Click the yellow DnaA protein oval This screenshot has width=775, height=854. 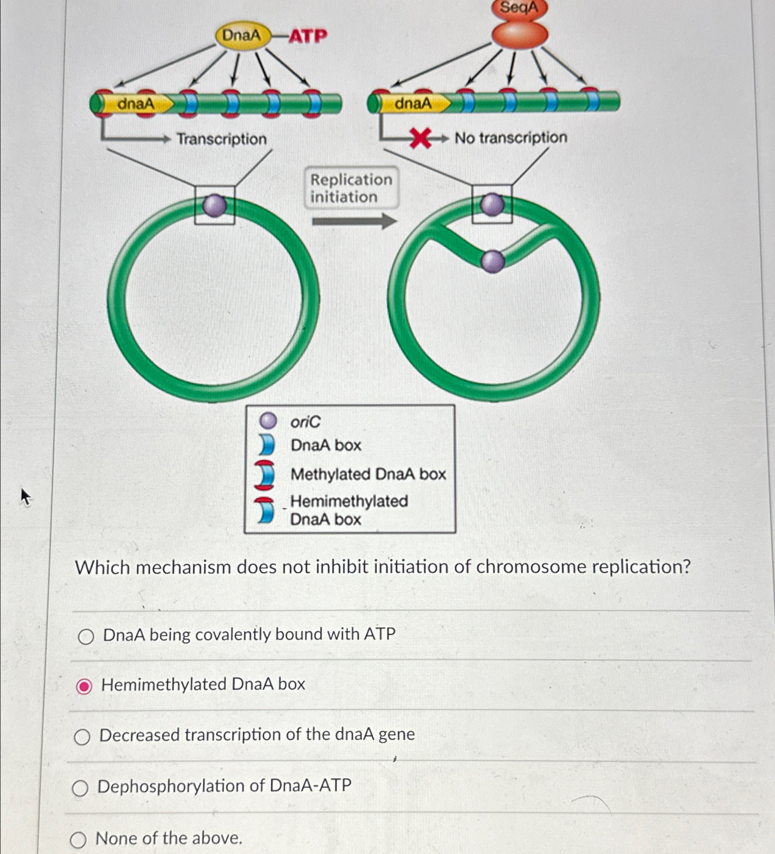(x=242, y=35)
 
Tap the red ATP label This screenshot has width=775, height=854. (x=308, y=36)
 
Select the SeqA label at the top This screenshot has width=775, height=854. (x=519, y=8)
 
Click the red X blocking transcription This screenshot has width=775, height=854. (x=420, y=139)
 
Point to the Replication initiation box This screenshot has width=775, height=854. (x=351, y=188)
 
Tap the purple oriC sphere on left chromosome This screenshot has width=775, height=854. (x=215, y=205)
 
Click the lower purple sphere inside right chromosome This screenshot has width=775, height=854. (x=493, y=261)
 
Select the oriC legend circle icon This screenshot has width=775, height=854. (x=268, y=421)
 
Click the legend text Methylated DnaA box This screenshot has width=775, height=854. (x=368, y=474)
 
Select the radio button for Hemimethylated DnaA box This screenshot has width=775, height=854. (x=84, y=686)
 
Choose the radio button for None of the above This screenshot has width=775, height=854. (x=78, y=840)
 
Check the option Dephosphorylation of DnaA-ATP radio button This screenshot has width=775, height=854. (x=80, y=788)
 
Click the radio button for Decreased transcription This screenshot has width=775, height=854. (x=82, y=737)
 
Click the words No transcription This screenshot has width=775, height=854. (x=511, y=138)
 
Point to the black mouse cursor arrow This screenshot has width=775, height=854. (x=26, y=497)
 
